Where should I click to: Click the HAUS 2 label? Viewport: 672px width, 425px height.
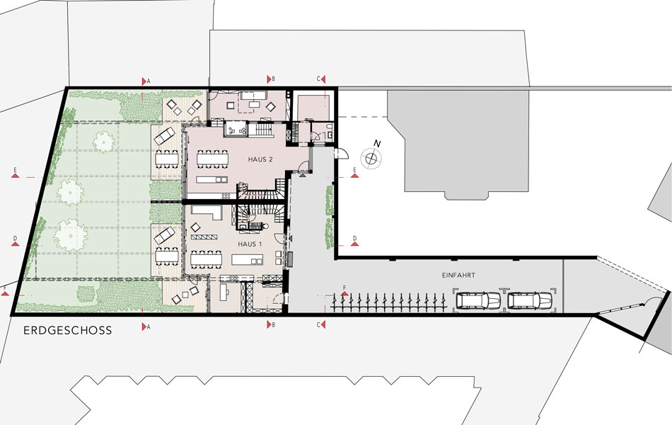pos(260,159)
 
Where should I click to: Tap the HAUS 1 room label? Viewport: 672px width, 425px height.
pos(250,244)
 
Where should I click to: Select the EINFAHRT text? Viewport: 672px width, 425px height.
pos(458,275)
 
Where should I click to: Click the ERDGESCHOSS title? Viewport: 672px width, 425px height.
pos(68,331)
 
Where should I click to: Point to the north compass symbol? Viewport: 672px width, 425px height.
pos(371,157)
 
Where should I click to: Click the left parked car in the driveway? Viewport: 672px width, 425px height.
pos(478,300)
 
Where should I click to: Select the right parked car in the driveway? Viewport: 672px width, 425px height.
pos(530,300)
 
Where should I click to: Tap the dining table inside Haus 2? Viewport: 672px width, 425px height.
pos(213,159)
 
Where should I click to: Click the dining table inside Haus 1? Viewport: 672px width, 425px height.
pos(207,259)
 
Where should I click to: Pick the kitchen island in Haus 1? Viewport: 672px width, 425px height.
pos(248,259)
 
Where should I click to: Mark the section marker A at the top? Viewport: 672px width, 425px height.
pos(146,81)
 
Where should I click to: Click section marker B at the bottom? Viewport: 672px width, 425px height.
pos(270,324)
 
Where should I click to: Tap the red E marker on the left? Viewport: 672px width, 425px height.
pos(15,172)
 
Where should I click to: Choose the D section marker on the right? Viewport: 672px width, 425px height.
pos(354,241)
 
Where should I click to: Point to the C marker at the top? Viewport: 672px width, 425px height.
pos(321,79)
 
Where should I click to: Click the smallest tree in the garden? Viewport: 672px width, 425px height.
pos(103,141)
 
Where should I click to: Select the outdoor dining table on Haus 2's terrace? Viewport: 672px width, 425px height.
pos(168,159)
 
